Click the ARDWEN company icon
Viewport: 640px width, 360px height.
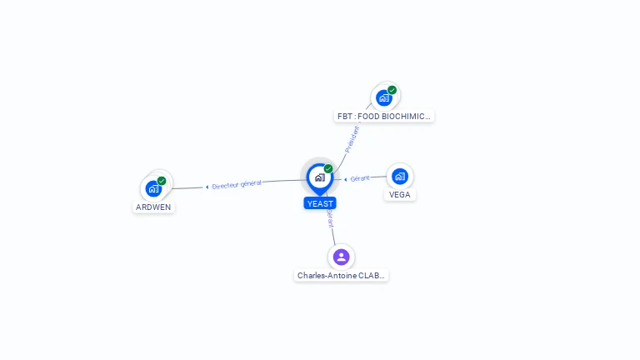tap(153, 188)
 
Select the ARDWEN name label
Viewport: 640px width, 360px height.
tap(153, 207)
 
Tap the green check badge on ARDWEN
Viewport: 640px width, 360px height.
tap(162, 181)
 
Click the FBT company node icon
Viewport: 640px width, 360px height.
tap(384, 97)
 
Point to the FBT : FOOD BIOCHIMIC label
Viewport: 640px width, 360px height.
tap(384, 117)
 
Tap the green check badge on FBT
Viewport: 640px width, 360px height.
tap(392, 90)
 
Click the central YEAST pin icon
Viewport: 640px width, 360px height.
tap(319, 177)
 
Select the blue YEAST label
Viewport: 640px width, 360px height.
tap(320, 203)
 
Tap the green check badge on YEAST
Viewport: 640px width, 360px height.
tap(328, 169)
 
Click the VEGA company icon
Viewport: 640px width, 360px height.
tap(400, 176)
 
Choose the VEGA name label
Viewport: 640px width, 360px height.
tap(400, 195)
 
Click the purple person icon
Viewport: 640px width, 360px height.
tap(341, 257)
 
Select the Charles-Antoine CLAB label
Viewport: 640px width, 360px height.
tap(342, 275)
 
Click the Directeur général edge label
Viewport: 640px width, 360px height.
tap(237, 184)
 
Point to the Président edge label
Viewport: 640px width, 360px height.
tap(352, 138)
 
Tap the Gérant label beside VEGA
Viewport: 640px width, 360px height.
tap(360, 178)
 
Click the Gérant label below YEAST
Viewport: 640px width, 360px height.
tap(330, 218)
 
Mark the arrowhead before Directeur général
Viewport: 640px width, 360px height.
tap(207, 187)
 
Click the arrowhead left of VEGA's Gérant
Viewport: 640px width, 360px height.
tap(346, 179)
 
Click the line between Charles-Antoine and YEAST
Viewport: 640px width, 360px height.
tap(333, 235)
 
